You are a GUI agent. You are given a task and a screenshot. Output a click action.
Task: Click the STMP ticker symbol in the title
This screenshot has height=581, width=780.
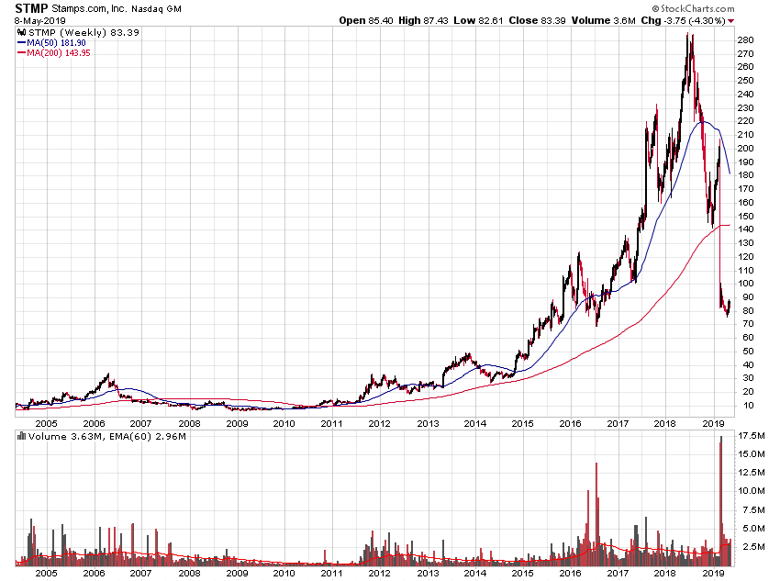pyautogui.click(x=31, y=8)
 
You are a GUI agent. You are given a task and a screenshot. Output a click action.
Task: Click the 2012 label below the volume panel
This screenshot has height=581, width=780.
pyautogui.click(x=378, y=572)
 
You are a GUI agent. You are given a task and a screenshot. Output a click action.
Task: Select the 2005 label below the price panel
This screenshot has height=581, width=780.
pyautogui.click(x=46, y=423)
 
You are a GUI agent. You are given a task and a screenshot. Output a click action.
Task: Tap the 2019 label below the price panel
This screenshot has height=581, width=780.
pyautogui.click(x=713, y=423)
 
